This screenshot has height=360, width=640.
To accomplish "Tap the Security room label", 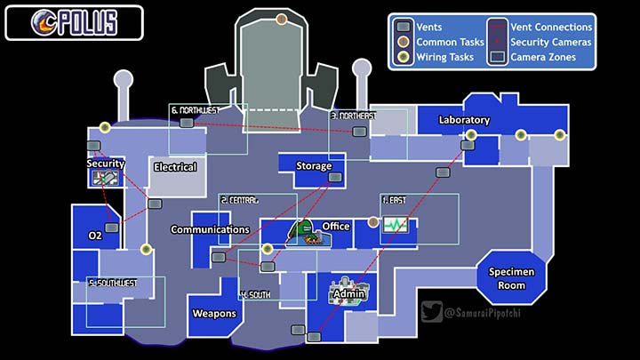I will [x=105, y=164].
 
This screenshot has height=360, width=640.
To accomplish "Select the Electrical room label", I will [x=175, y=167].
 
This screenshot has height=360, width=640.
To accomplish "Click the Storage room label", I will [x=313, y=166].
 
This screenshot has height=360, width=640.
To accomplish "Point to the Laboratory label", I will [x=464, y=120].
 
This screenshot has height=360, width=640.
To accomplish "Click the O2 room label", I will [x=95, y=236].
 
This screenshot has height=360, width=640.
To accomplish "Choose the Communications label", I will [x=210, y=229].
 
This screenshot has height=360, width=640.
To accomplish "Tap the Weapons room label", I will [x=214, y=314].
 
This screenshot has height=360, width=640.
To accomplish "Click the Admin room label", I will [x=348, y=293].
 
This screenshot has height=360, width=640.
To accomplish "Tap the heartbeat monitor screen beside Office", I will [x=394, y=226].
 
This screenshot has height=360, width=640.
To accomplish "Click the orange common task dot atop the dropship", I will [x=281, y=19].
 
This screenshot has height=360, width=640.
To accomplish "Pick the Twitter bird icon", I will [x=432, y=312].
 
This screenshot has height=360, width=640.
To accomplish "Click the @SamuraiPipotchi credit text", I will [x=487, y=312].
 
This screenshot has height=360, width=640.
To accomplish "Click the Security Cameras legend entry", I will [x=547, y=42].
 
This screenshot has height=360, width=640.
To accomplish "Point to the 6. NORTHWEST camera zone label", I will [x=195, y=110].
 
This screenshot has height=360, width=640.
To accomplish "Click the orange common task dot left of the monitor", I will [x=373, y=221].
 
